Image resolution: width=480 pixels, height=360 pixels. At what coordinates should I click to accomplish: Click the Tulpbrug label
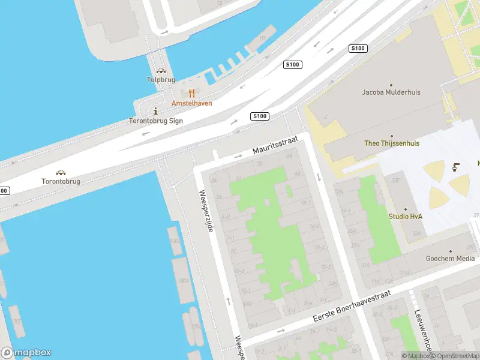(x=161, y=79)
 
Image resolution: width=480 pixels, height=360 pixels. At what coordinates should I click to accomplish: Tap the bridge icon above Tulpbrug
(x=161, y=71)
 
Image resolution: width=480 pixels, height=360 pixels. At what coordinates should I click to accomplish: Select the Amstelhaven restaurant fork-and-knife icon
(x=192, y=93)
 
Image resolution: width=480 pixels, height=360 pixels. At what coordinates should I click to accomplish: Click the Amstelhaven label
(x=192, y=103)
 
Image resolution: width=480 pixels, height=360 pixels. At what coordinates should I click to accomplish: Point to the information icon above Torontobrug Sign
(x=156, y=111)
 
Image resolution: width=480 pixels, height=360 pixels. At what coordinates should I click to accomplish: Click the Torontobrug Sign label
(x=156, y=121)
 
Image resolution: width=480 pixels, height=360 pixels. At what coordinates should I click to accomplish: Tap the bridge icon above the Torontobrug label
(x=61, y=173)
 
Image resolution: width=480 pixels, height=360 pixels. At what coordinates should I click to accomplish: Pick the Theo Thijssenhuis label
(x=392, y=143)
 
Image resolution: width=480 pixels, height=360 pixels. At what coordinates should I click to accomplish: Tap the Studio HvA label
(x=406, y=217)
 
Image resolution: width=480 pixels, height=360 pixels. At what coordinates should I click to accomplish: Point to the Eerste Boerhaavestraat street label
(x=352, y=306)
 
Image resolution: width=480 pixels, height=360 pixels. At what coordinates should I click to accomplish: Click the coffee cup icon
(x=457, y=167)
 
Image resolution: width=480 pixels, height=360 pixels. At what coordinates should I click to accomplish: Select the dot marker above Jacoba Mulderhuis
(x=392, y=85)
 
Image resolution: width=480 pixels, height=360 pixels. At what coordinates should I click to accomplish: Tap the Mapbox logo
(x=26, y=353)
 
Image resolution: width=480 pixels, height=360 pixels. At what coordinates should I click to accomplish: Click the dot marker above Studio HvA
(x=406, y=209)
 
